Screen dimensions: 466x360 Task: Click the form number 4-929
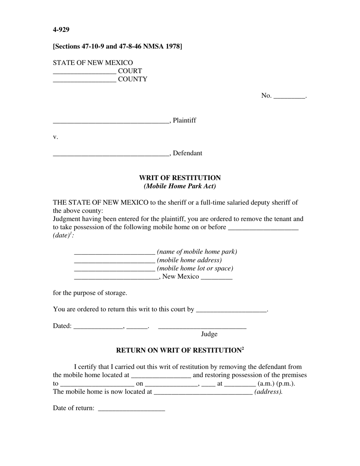point(61,30)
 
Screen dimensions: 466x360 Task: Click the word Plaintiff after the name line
point(185,120)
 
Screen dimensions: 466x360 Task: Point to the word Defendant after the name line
point(188,153)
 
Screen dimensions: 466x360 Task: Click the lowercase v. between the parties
point(56,137)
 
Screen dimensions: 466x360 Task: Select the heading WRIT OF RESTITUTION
point(180,178)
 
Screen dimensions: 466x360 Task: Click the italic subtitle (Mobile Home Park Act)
point(180,186)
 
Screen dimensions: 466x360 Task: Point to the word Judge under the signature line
point(209,334)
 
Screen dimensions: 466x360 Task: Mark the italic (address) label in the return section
point(268,392)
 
